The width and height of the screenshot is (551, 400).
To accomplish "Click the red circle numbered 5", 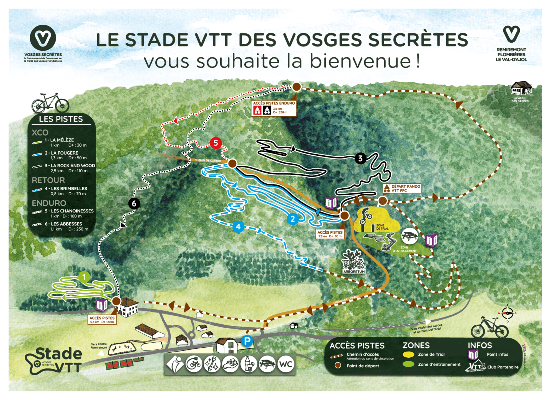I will click(x=216, y=143).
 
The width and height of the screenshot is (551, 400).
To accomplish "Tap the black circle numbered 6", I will click(x=134, y=204).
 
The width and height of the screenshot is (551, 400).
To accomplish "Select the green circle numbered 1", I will click(x=84, y=277).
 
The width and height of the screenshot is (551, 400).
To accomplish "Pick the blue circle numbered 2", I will click(x=293, y=219).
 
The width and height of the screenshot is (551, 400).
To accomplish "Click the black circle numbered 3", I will click(x=360, y=158).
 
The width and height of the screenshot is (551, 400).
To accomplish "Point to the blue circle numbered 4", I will click(x=238, y=227).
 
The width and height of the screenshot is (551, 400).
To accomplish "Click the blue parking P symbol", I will click(x=247, y=341).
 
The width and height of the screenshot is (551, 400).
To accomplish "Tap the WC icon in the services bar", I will click(x=286, y=364).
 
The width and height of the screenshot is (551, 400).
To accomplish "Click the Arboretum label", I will click(x=354, y=272).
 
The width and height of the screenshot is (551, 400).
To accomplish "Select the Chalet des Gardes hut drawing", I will click(x=521, y=88).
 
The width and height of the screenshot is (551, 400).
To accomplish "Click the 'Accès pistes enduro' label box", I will click(x=274, y=108).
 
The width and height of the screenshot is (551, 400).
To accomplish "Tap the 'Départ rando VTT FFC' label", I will click(x=402, y=188).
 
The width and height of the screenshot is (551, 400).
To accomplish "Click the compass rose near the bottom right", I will click(x=508, y=313).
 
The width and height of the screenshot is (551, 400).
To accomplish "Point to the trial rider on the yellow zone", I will click(x=365, y=216).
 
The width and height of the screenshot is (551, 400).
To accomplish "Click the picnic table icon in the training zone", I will click(x=409, y=236).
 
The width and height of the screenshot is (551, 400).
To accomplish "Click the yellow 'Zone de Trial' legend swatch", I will click(x=408, y=354).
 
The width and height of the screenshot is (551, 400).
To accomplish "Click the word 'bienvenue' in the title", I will click(x=360, y=61).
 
